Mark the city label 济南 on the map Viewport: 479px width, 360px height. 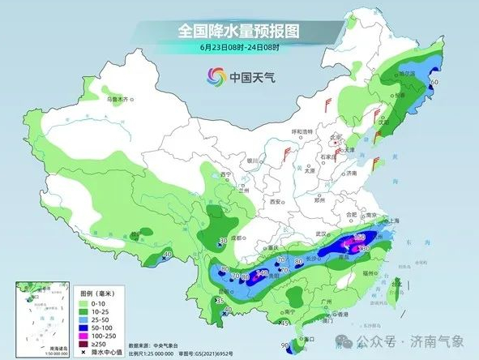pos(350,173)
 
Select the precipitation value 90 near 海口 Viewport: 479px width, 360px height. pos(284,346)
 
